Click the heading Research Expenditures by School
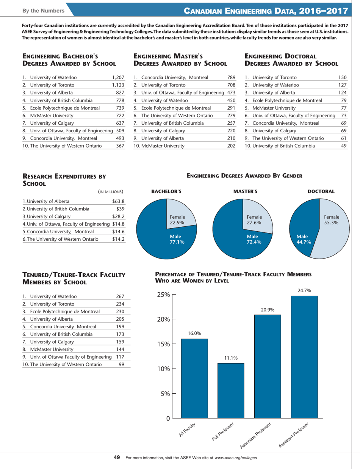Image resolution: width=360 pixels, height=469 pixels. click(64, 169)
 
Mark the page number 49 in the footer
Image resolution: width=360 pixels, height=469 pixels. click(117, 458)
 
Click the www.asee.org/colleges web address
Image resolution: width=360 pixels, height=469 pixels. click(235, 458)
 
